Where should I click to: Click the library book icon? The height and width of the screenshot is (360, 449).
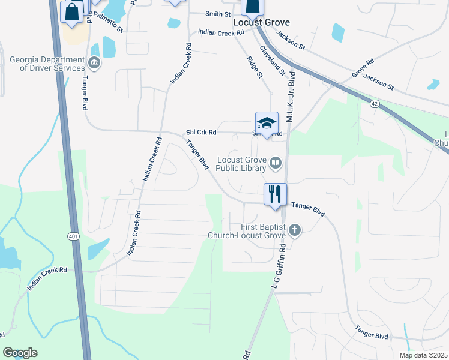(276, 162)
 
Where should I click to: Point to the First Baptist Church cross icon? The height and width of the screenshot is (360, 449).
(294, 229)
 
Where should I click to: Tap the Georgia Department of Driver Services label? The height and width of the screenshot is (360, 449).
(47, 64)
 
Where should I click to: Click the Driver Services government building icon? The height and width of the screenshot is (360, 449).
(94, 62)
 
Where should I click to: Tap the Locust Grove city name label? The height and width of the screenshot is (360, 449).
(261, 22)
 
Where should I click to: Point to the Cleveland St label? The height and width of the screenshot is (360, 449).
(273, 60)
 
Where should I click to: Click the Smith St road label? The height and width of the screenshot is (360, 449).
(218, 14)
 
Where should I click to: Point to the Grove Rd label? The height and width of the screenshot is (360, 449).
(363, 67)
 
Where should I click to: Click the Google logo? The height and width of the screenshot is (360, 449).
(20, 353)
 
